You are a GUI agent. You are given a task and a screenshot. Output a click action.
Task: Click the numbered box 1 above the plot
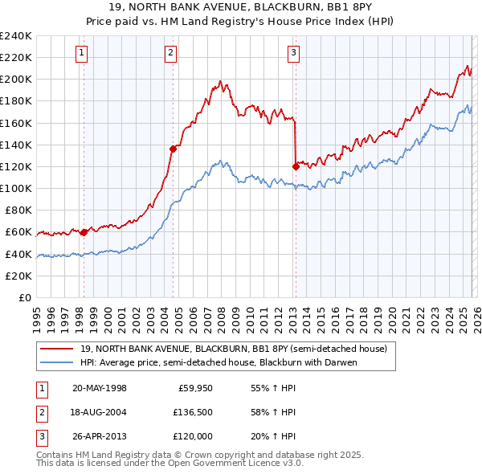[x=83, y=53]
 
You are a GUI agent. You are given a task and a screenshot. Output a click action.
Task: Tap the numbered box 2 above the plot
[x=171, y=53]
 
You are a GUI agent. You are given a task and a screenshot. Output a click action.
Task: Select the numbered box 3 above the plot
[x=293, y=53]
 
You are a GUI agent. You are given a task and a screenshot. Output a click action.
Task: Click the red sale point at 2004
[x=173, y=149]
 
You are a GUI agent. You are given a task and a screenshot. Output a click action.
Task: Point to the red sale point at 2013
[x=296, y=166]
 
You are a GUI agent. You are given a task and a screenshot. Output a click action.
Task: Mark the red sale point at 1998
[x=84, y=232]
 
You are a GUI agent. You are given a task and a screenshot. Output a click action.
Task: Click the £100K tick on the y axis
[x=16, y=188]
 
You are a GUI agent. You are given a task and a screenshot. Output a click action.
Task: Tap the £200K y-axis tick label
[x=16, y=80]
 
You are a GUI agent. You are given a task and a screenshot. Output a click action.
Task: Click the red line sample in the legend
[x=57, y=349]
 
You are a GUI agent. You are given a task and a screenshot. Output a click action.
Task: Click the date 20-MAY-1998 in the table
[x=100, y=388]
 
